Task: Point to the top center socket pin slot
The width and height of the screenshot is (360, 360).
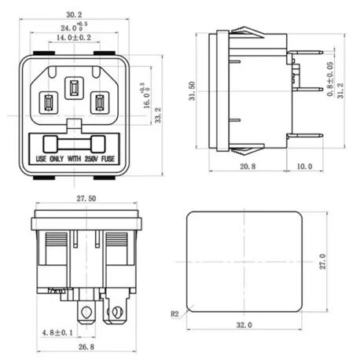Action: [74, 87]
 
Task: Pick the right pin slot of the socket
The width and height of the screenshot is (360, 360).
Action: [100, 103]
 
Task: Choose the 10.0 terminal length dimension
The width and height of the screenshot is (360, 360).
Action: [304, 167]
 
